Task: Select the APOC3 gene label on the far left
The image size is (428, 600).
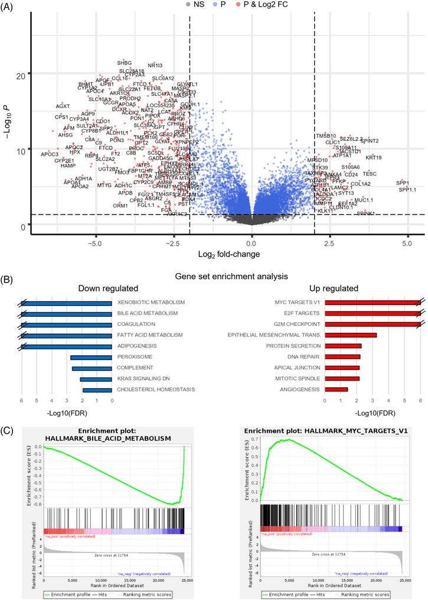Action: click(x=50, y=154)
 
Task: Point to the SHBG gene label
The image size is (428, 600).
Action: click(x=125, y=63)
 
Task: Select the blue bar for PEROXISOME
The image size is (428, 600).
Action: click(x=91, y=358)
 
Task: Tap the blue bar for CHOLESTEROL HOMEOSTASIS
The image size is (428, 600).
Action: click(x=97, y=390)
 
